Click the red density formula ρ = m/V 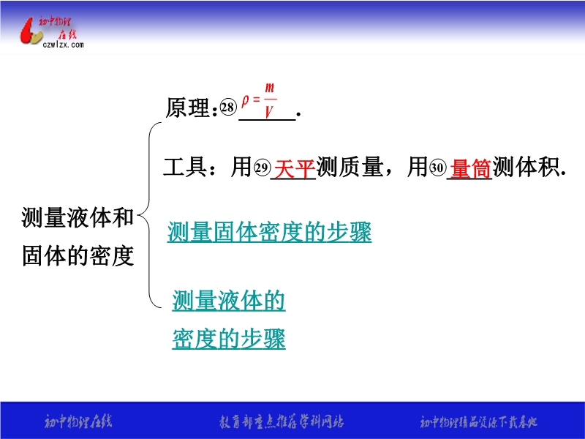pyautogui.click(x=260, y=101)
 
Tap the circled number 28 pyautogui.click(x=227, y=108)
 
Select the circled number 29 pyautogui.click(x=262, y=168)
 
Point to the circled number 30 pyautogui.click(x=437, y=168)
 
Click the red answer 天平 pyautogui.click(x=295, y=168)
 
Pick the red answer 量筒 pyautogui.click(x=470, y=168)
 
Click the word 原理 pyautogui.click(x=188, y=108)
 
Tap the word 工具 pyautogui.click(x=185, y=167)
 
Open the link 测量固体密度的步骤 pyautogui.click(x=269, y=232)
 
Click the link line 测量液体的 pyautogui.click(x=229, y=301)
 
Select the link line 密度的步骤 pyautogui.click(x=229, y=339)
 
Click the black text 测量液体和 pyautogui.click(x=78, y=217)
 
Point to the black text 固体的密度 pyautogui.click(x=78, y=255)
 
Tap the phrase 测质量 pyautogui.click(x=350, y=167)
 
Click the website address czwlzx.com pyautogui.click(x=63, y=45)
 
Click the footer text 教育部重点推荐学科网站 pyautogui.click(x=282, y=422)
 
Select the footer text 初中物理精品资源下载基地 pyautogui.click(x=479, y=422)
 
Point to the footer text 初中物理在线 pyautogui.click(x=78, y=422)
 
